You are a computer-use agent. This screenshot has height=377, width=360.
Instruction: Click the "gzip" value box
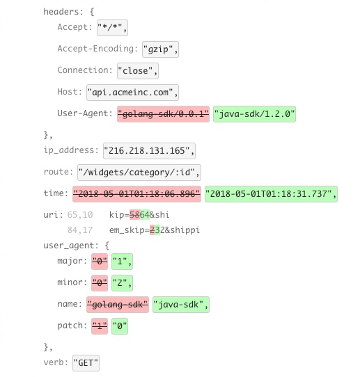coord(160,49)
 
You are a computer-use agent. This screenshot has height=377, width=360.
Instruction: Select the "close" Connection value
coord(138,71)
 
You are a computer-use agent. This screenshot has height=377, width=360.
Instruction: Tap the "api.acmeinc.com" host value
coord(132,93)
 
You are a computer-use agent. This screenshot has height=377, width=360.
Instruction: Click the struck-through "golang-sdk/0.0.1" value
coord(163,114)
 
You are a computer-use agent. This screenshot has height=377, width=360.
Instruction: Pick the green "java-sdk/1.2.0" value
coord(254,114)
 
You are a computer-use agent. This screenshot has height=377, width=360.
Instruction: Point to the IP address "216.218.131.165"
coord(149,151)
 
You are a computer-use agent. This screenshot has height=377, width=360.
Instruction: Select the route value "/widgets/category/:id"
coord(139,173)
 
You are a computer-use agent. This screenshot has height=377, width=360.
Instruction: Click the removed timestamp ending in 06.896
coord(136,194)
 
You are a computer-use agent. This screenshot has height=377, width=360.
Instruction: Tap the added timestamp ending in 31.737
coord(271,194)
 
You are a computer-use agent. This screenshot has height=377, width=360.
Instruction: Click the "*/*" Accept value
coord(112,28)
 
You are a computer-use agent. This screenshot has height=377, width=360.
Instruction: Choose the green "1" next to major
coord(122,262)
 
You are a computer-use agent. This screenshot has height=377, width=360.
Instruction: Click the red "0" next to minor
coord(100,283)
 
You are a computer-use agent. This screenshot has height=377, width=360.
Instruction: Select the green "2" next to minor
coord(122,283)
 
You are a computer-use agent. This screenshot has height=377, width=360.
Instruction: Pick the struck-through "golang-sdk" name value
coord(118,305)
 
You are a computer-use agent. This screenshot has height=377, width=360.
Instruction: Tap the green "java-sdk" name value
coord(181,305)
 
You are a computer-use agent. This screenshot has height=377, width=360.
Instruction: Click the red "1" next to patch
coord(100,326)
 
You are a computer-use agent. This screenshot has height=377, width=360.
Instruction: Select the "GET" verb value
coord(86,363)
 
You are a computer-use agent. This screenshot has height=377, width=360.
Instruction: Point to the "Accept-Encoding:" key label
coord(97,49)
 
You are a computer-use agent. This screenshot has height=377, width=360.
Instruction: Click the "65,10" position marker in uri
coord(80,215)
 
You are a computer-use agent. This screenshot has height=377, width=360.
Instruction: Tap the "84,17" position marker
coord(80,230)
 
